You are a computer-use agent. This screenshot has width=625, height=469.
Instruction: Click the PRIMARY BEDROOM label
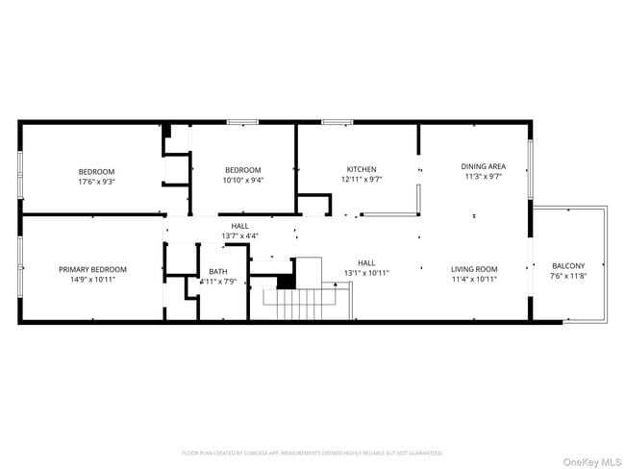(x=92, y=269)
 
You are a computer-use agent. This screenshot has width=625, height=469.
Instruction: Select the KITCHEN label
(x=362, y=169)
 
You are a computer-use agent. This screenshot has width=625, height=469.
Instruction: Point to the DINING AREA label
(x=484, y=166)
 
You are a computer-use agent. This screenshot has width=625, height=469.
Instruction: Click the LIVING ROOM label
(x=475, y=269)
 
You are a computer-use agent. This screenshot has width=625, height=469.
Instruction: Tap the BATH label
(x=218, y=271)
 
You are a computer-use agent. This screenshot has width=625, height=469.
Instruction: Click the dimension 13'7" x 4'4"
(x=239, y=235)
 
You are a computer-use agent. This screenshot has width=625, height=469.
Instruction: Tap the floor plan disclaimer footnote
(x=312, y=452)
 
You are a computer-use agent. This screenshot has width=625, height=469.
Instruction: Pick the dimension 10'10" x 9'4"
(x=243, y=180)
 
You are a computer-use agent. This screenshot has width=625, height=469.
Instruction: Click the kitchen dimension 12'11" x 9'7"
(x=362, y=180)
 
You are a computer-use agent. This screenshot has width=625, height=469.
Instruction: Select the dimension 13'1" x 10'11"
(x=366, y=272)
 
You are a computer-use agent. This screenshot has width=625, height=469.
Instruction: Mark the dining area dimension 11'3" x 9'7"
(x=484, y=177)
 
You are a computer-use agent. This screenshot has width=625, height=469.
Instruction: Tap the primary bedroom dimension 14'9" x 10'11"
(x=92, y=280)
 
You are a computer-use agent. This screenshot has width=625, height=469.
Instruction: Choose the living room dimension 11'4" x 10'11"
(x=475, y=280)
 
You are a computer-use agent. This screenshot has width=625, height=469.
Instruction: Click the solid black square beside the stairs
(x=286, y=282)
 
